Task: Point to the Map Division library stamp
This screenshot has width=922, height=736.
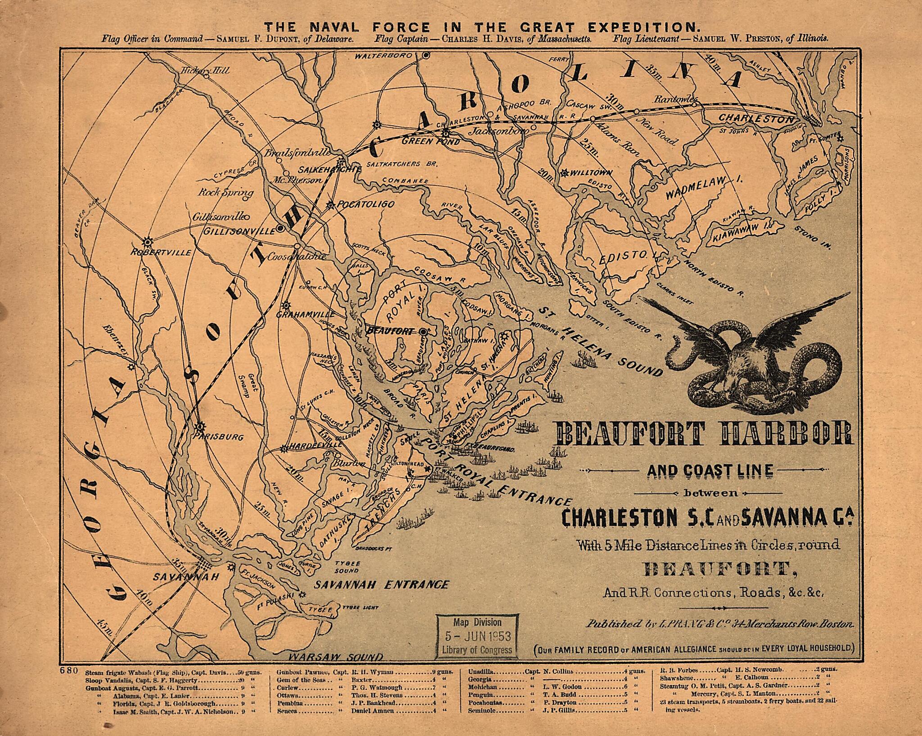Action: (477, 636)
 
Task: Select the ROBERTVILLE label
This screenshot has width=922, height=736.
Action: (161, 253)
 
